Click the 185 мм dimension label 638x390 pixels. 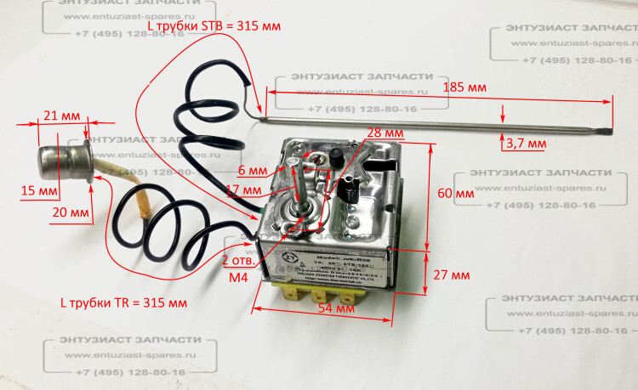point(465,88)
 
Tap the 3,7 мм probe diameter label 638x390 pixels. point(526,144)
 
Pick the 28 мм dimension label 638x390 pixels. point(385,133)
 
